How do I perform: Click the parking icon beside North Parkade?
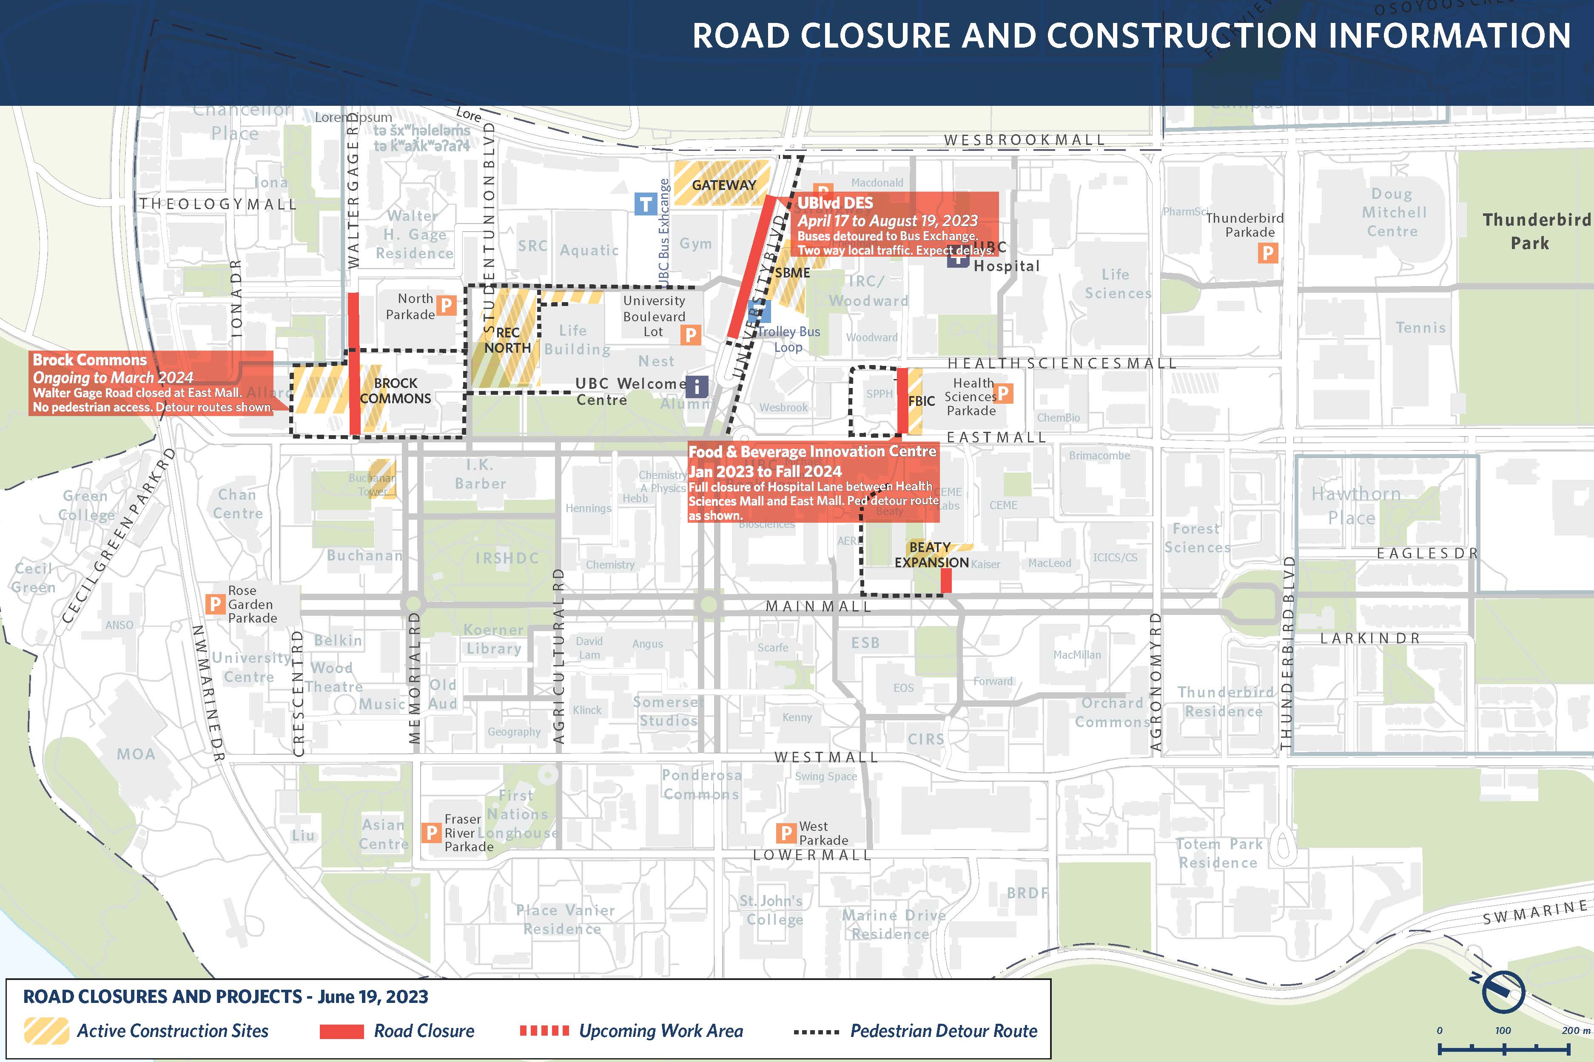(446, 306)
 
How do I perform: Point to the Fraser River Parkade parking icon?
(431, 833)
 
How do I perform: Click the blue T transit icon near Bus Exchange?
(645, 204)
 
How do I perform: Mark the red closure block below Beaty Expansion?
(946, 581)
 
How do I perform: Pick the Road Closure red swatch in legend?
(342, 1031)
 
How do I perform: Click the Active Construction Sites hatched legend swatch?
(46, 1031)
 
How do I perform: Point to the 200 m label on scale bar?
(1575, 1030)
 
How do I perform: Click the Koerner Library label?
(493, 639)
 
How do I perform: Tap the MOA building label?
(136, 754)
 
